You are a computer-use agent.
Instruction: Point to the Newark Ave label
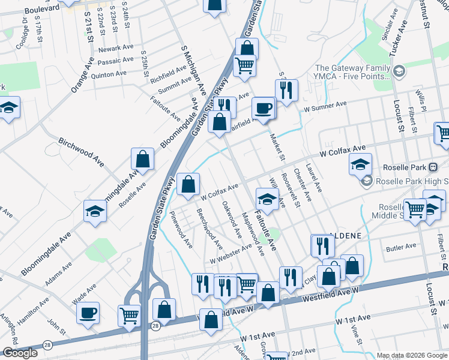116,48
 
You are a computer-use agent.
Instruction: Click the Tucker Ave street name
397,39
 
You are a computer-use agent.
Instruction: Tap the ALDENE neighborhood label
345,236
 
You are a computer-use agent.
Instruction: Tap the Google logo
20,353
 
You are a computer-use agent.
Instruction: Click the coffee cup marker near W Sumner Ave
262,109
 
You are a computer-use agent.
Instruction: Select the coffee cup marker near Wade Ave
88,313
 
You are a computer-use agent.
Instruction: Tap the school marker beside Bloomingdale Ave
95,211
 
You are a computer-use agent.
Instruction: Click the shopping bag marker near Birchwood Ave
143,160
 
